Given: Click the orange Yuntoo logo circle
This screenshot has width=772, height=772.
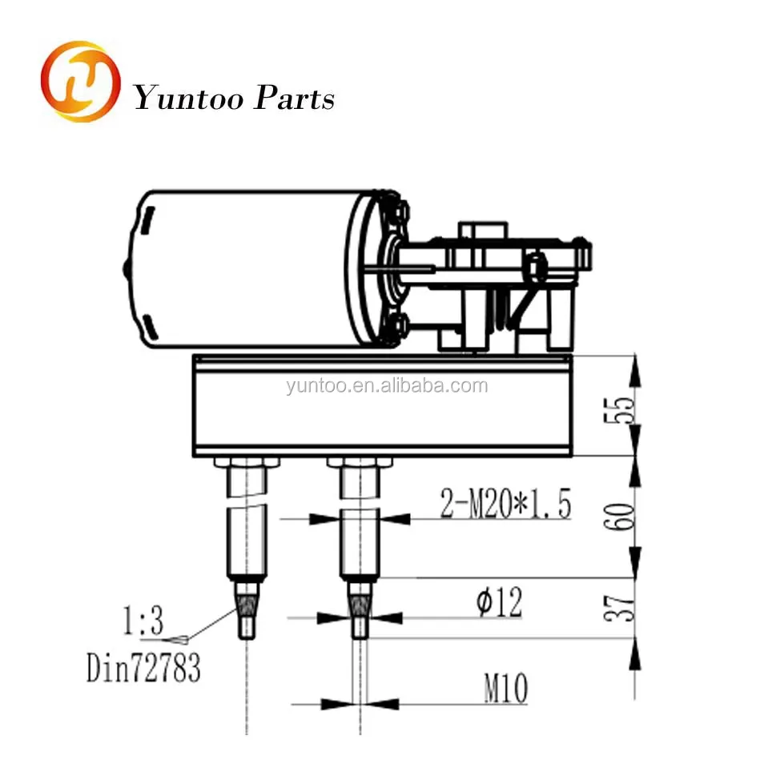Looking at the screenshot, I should tap(80, 82).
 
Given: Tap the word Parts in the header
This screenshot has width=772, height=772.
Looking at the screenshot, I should tap(294, 99).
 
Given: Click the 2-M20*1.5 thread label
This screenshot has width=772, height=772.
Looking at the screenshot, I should tap(505, 505).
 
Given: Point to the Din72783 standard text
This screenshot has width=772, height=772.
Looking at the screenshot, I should tap(143, 669).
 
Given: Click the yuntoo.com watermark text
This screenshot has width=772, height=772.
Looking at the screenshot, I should tap(386, 387).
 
